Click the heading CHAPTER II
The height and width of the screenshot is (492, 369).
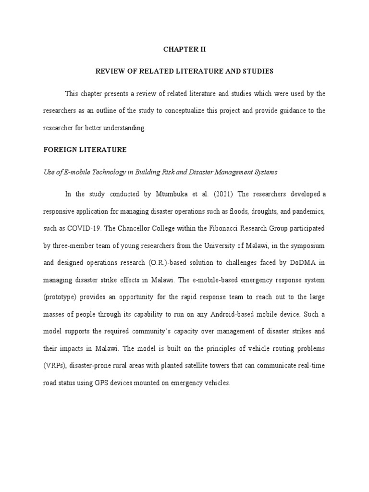184,49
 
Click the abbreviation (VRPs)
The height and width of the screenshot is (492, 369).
54,366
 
